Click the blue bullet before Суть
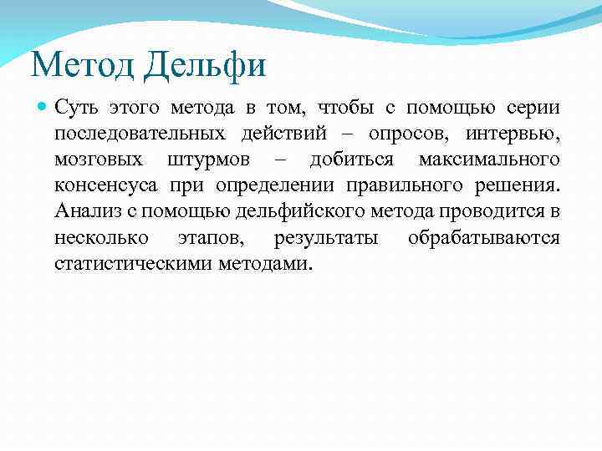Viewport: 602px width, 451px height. point(43,109)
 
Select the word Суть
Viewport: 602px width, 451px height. point(78,109)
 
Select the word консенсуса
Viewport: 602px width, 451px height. point(105,186)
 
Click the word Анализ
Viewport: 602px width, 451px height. point(85,212)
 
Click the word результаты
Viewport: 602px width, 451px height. point(326,238)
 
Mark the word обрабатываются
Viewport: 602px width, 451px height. point(484,238)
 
